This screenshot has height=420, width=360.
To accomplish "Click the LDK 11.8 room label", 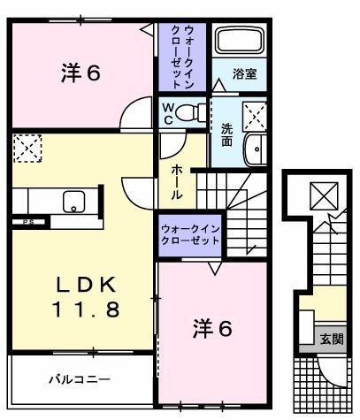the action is [x=86, y=297].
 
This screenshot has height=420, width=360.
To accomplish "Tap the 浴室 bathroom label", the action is [x=244, y=74].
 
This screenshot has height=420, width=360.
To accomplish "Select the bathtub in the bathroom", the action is [x=240, y=40].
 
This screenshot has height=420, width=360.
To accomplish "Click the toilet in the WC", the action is [x=190, y=112].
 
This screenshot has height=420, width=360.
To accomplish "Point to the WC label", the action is [x=168, y=114].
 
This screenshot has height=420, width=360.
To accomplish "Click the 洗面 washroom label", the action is [x=227, y=135].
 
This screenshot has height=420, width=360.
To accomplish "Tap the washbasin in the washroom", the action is [x=256, y=149].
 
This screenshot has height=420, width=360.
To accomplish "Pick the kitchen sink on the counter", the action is [x=73, y=202].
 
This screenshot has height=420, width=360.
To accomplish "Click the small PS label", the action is [x=29, y=222].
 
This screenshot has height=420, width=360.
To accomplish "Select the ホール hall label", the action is [x=177, y=182].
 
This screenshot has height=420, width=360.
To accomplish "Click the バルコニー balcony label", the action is [x=80, y=379].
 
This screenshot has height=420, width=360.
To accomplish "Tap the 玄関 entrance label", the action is [x=332, y=340].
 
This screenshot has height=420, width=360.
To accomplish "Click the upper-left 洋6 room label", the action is [x=81, y=73].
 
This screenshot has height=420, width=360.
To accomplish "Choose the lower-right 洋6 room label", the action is [x=212, y=328].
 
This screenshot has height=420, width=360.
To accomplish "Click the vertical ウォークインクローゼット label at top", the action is [x=182, y=57].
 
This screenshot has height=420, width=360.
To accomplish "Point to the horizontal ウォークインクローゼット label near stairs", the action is [x=190, y=235].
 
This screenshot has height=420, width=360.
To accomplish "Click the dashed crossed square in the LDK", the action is [x=27, y=149].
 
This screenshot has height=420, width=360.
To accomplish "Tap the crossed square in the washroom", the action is [x=255, y=117].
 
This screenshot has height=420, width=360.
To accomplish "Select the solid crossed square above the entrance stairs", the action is [x=324, y=196].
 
